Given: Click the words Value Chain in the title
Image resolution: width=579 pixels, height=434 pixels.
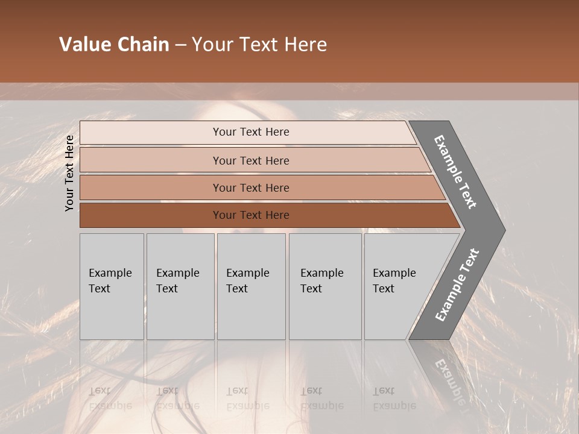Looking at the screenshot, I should pyautogui.click(x=114, y=45).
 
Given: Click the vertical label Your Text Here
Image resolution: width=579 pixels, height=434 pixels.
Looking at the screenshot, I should pyautogui.click(x=69, y=173).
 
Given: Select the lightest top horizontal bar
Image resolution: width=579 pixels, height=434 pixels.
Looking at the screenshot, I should pyautogui.click(x=151, y=133).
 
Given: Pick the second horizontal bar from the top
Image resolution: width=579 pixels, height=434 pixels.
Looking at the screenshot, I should pyautogui.click(x=151, y=160).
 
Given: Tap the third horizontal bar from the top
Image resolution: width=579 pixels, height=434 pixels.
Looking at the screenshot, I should pyautogui.click(x=151, y=187).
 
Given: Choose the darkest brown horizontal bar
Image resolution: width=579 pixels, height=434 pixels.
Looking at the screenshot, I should pyautogui.click(x=151, y=215).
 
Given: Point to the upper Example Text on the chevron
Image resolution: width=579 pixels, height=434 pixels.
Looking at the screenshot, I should pyautogui.click(x=456, y=172).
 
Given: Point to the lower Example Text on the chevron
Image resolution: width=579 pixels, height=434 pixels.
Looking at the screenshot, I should pyautogui.click(x=457, y=285).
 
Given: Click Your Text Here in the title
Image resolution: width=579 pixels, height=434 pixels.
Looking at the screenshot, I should pyautogui.click(x=259, y=45).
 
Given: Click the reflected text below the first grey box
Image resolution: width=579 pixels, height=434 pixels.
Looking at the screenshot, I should pyautogui.click(x=110, y=398).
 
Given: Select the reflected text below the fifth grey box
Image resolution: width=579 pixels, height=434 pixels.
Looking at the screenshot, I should pyautogui.click(x=394, y=398).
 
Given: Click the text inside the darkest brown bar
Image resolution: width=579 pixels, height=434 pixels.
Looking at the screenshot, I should pyautogui.click(x=251, y=215).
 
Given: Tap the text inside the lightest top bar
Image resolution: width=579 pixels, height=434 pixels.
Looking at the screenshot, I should pyautogui.click(x=251, y=132).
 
